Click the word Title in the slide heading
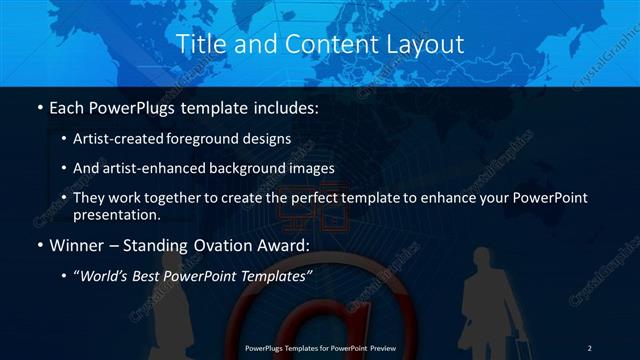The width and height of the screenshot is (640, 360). [x=199, y=44]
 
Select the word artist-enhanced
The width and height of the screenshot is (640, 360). [x=139, y=168]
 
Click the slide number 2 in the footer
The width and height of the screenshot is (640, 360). [x=590, y=347]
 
